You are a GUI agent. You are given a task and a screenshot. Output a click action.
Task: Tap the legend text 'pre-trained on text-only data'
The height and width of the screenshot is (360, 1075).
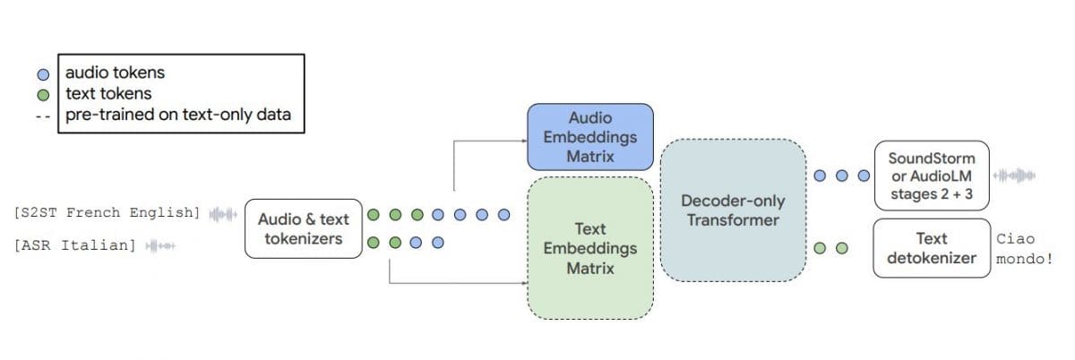click(177, 115)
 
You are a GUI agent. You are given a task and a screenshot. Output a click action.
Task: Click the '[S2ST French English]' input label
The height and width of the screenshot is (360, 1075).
click(107, 213)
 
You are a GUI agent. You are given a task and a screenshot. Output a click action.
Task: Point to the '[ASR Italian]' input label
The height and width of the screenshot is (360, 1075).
click(75, 244)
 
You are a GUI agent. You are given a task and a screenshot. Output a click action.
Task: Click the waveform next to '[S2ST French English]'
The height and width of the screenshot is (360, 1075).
click(223, 214)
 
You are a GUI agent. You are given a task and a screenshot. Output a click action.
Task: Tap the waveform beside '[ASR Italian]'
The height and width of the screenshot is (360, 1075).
click(162, 244)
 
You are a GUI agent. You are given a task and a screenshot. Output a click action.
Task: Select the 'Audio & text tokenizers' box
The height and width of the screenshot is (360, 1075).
click(304, 228)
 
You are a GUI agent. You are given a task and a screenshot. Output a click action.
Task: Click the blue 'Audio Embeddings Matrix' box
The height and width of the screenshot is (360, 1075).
click(589, 137)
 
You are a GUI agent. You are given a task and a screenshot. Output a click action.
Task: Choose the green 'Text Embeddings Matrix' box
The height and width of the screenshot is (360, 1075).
click(589, 248)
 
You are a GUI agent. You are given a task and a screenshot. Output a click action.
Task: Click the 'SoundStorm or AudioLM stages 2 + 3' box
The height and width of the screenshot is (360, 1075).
click(931, 176)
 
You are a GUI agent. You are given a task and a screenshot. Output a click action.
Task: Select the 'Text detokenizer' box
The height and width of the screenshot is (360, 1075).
click(931, 248)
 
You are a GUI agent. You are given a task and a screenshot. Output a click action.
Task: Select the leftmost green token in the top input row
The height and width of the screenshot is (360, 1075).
click(374, 214)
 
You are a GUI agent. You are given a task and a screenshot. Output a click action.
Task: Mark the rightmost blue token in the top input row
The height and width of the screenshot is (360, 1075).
click(503, 214)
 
